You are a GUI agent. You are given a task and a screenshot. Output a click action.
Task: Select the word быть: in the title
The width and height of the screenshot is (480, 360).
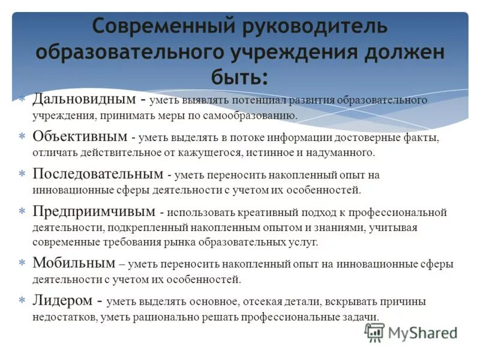239,77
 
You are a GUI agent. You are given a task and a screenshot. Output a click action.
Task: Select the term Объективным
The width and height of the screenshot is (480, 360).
79,137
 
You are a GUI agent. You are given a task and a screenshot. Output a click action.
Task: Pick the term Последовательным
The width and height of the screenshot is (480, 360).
97,175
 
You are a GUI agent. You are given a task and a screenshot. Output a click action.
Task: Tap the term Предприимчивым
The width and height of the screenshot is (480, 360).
92,212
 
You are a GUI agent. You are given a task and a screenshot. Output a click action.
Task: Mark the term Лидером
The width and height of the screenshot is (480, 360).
62,301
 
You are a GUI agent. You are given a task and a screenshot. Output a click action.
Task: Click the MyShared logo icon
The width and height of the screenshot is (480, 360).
374,332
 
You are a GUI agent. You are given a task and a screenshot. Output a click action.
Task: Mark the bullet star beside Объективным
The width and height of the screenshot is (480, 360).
22,137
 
